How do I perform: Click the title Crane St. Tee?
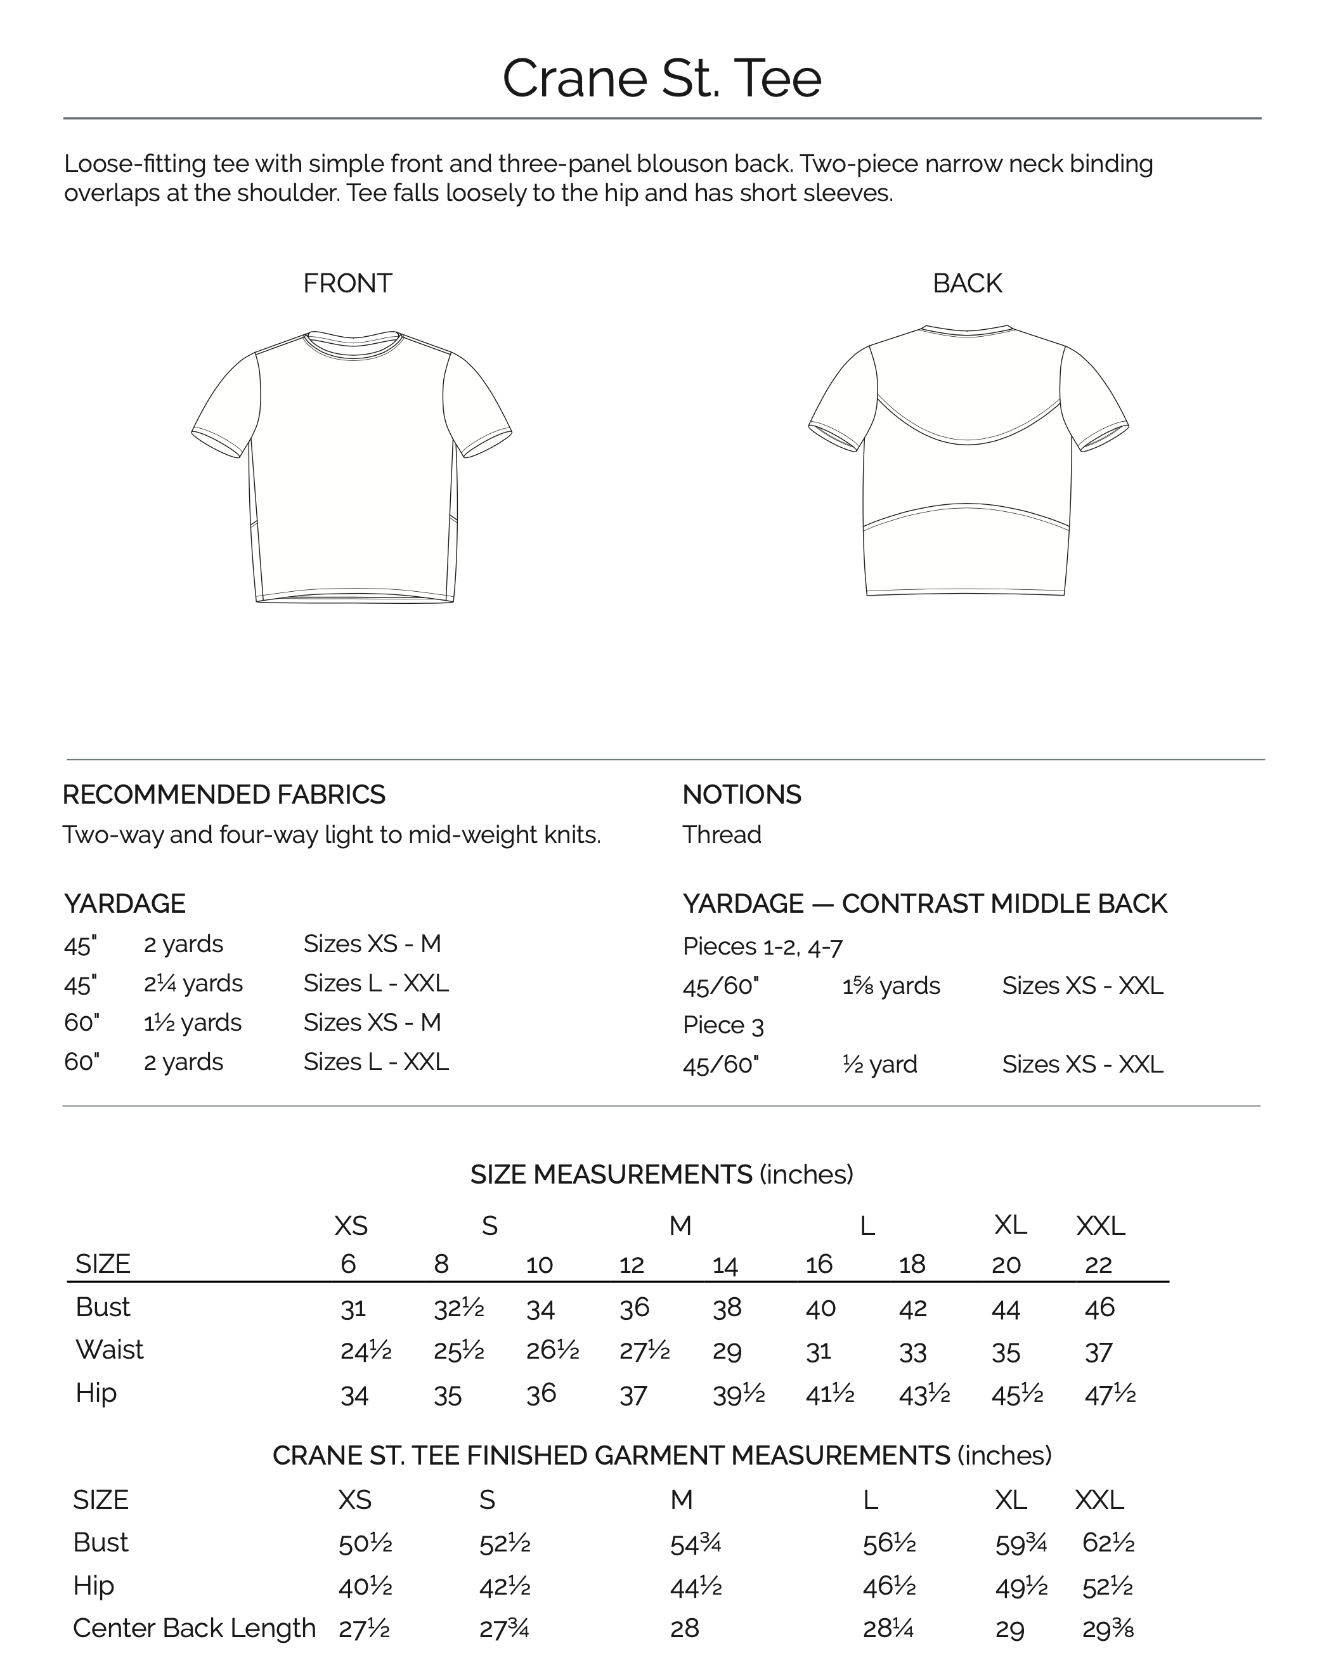(661, 77)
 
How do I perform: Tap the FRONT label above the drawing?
(347, 283)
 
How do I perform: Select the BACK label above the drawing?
(967, 283)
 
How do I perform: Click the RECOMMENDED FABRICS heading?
(223, 794)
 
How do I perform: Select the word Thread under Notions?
(721, 835)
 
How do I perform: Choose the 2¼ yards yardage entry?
(193, 983)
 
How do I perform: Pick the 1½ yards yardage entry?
(192, 1023)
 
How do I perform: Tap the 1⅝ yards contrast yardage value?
(891, 986)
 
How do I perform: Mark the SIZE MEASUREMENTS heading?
(661, 1174)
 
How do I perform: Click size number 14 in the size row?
(725, 1265)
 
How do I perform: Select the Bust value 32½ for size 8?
(458, 1309)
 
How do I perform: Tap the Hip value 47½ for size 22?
(1110, 1394)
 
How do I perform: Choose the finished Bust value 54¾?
(696, 1544)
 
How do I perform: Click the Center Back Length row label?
(194, 1628)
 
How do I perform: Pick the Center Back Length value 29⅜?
(1107, 1630)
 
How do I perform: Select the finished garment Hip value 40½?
(365, 1587)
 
